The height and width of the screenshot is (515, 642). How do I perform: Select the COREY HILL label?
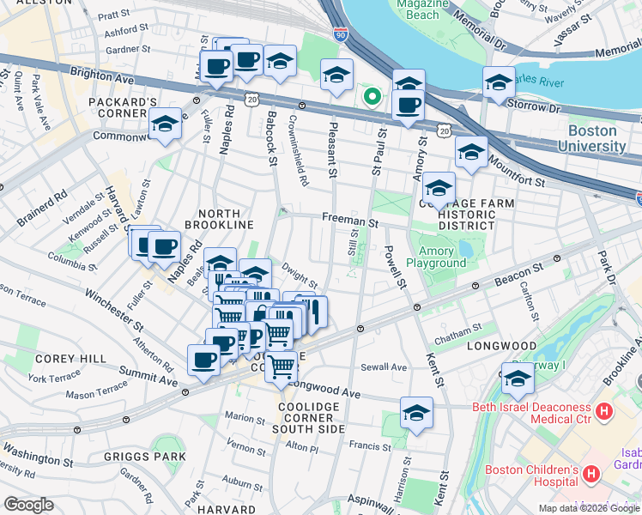pyautogui.click(x=71, y=359)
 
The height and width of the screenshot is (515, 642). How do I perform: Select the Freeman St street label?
pyautogui.click(x=350, y=221)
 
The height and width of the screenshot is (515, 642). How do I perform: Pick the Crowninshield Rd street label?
pyautogui.click(x=299, y=153)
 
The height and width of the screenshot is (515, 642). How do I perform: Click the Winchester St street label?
pyautogui.click(x=114, y=311)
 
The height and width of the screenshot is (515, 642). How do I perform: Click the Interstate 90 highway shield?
pyautogui.click(x=341, y=35)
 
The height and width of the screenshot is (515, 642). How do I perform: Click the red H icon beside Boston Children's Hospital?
pyautogui.click(x=591, y=474)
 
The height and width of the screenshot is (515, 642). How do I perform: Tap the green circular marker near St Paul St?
pyautogui.click(x=372, y=96)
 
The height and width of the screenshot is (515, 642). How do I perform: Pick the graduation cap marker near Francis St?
pyautogui.click(x=416, y=414)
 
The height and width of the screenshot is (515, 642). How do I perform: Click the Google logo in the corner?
pyautogui.click(x=28, y=505)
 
